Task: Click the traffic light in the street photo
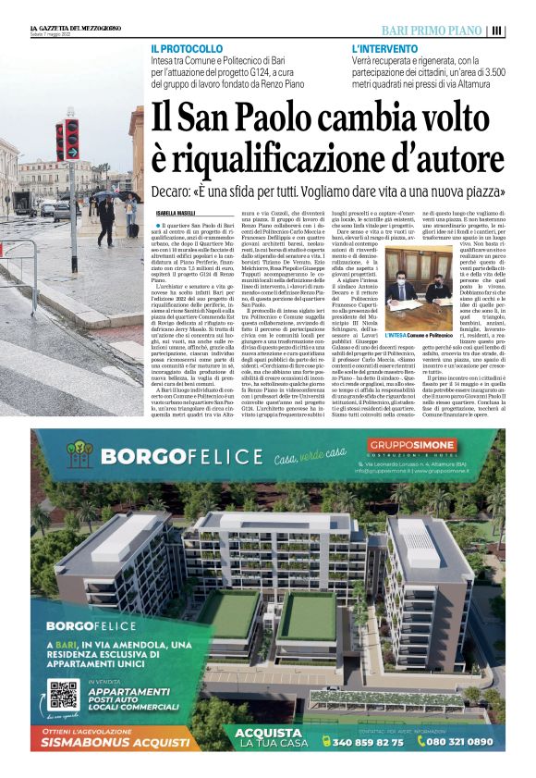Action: [x=68, y=140]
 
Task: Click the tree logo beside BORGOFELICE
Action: [x=79, y=455]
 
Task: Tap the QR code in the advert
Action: [x=62, y=694]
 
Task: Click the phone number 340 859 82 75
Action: [x=367, y=742]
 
